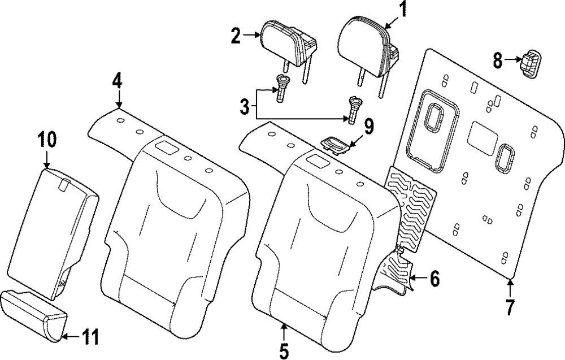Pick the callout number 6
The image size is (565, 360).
pos(434,279)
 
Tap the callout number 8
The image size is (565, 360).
pos(497,60)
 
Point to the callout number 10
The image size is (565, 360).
pos(47,139)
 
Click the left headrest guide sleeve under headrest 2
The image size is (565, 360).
pos(282,89)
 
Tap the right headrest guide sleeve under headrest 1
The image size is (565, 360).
pos(354,109)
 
